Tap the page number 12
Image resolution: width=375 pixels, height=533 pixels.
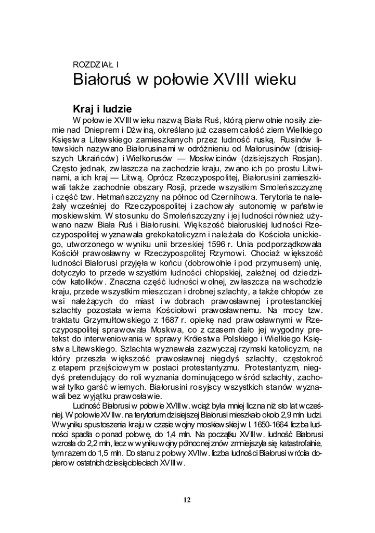click(x=187, y=500)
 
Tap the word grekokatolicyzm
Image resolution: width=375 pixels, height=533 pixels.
click(x=165, y=235)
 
